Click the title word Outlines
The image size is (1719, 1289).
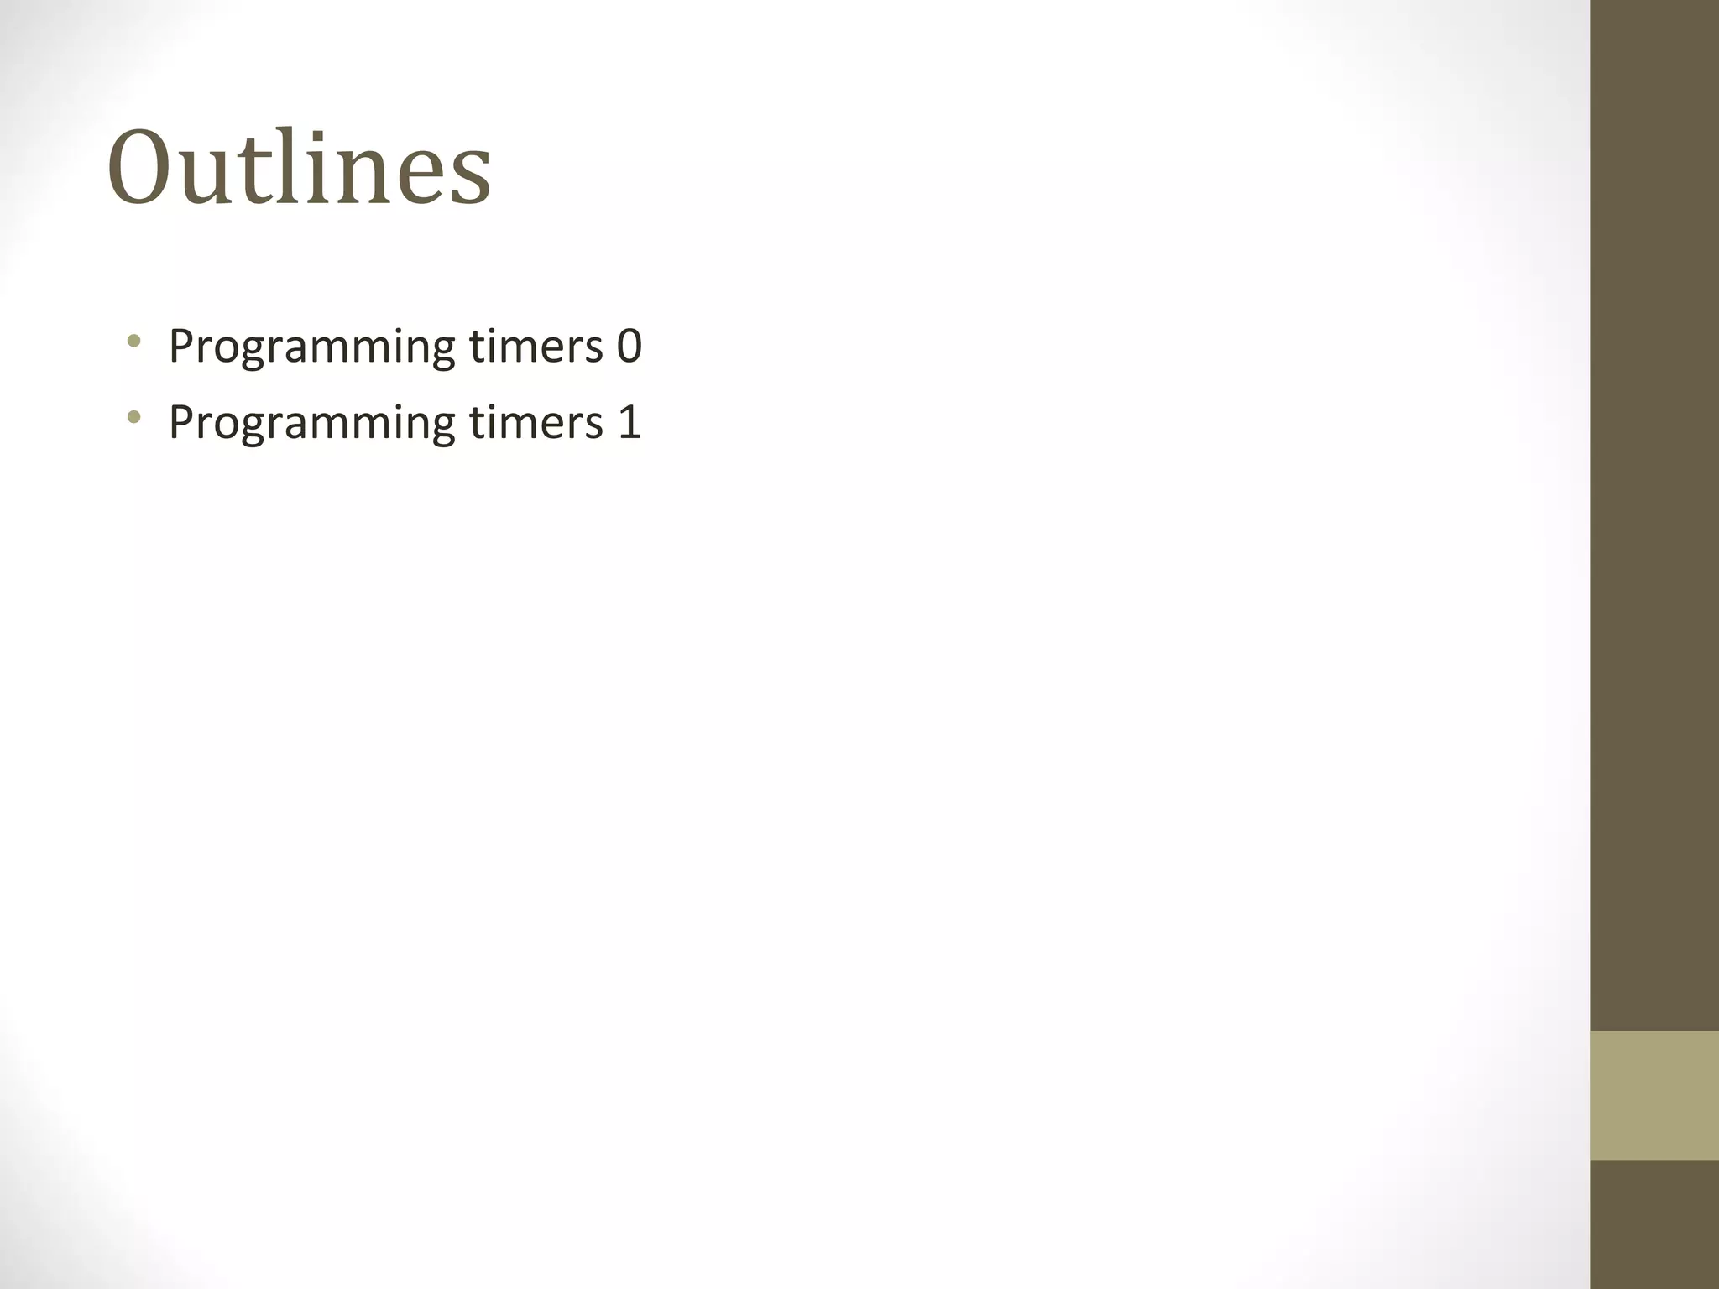299,168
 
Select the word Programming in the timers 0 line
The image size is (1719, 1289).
311,347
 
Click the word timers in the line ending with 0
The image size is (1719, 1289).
536,346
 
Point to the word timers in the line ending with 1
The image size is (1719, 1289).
536,421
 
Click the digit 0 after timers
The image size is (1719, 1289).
630,346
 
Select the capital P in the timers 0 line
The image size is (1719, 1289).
182,346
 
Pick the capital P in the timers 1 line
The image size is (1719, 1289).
182,421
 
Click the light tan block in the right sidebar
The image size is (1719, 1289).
1654,1095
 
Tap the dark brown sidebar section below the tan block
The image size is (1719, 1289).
1654,1224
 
